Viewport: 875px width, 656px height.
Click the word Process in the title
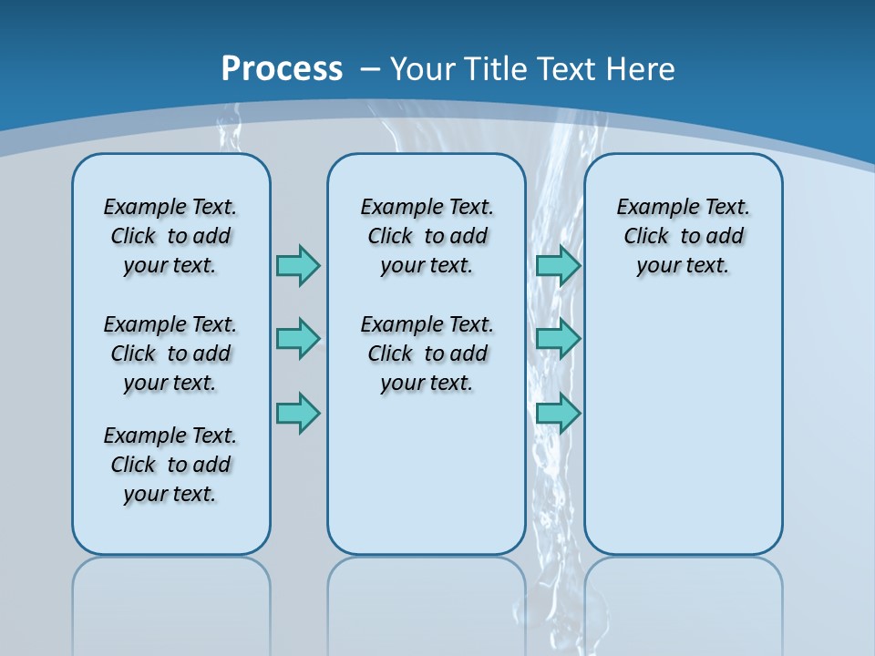point(282,69)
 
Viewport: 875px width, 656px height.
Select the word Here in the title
point(641,69)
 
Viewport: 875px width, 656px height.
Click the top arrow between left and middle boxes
point(298,265)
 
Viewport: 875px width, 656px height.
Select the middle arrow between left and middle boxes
point(298,339)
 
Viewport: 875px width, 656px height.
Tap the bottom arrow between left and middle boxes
point(298,414)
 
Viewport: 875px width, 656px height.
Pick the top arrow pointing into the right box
point(559,265)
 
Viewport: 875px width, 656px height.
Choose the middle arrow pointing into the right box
point(559,339)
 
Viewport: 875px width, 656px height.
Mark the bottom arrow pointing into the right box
point(559,414)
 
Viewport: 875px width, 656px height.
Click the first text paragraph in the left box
point(170,236)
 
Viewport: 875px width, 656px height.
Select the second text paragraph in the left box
point(170,354)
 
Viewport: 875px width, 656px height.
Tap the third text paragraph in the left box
point(170,465)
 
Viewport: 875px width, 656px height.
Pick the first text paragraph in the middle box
point(427,236)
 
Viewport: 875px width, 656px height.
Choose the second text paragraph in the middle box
point(427,354)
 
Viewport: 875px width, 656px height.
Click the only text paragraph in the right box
point(684,236)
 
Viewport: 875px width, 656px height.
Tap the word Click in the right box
point(646,237)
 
